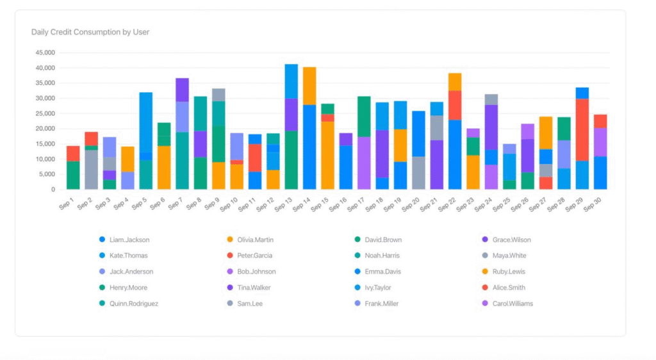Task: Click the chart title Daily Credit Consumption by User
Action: (90, 31)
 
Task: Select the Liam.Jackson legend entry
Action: (129, 240)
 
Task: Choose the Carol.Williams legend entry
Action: (512, 304)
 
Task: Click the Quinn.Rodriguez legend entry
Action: (133, 304)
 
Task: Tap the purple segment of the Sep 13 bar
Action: (291, 114)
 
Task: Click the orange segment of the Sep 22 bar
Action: (455, 81)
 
